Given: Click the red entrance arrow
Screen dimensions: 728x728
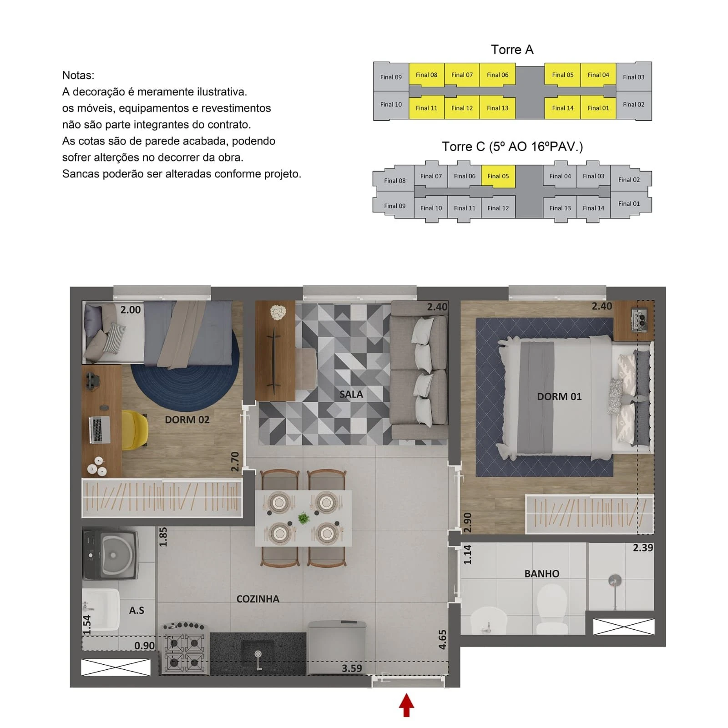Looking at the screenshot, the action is [406, 705].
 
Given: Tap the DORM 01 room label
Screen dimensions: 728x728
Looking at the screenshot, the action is [559, 396].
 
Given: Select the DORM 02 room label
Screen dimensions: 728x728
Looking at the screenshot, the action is [187, 420].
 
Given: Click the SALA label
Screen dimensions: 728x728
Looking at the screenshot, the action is [351, 394].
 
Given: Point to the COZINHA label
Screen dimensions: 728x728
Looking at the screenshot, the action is [258, 599].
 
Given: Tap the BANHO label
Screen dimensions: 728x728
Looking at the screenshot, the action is [541, 574].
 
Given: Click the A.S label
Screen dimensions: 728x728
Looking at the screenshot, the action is [136, 610].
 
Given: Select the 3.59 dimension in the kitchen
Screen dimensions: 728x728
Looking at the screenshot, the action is [352, 668].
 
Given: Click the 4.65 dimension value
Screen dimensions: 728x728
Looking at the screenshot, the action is [442, 639].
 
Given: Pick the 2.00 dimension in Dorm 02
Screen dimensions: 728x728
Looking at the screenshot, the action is [130, 310].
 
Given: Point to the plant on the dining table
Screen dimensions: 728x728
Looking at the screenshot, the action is [303, 518].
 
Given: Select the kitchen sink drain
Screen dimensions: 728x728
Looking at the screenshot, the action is [258, 654].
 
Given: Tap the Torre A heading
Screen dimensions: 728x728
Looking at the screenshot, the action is [512, 50].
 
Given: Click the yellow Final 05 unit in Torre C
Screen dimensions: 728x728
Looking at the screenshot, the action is [498, 176].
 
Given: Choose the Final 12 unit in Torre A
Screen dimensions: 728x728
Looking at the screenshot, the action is [462, 108].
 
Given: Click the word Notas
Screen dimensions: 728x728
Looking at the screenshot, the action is [78, 76].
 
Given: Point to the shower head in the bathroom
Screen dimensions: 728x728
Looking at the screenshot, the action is [615, 581].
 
